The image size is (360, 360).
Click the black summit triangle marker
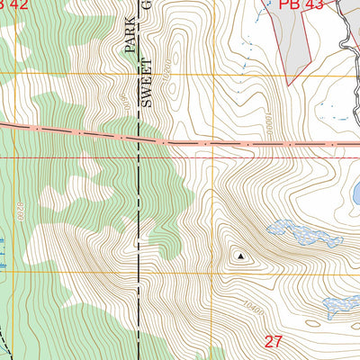(240, 256)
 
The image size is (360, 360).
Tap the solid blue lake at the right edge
(356, 192)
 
